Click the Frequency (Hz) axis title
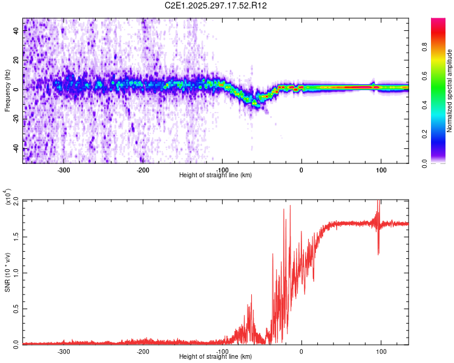click(x=7, y=91)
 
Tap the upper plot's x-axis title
click(x=215, y=175)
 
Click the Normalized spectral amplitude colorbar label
click(x=450, y=91)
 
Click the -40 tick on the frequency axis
click(x=16, y=148)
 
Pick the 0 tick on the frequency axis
click(x=16, y=90)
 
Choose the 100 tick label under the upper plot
click(x=381, y=170)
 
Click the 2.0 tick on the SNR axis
click(x=16, y=201)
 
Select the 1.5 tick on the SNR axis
click(x=16, y=237)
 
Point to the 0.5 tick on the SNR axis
click(x=16, y=308)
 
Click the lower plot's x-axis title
click(x=215, y=357)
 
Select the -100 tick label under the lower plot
click(x=223, y=352)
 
